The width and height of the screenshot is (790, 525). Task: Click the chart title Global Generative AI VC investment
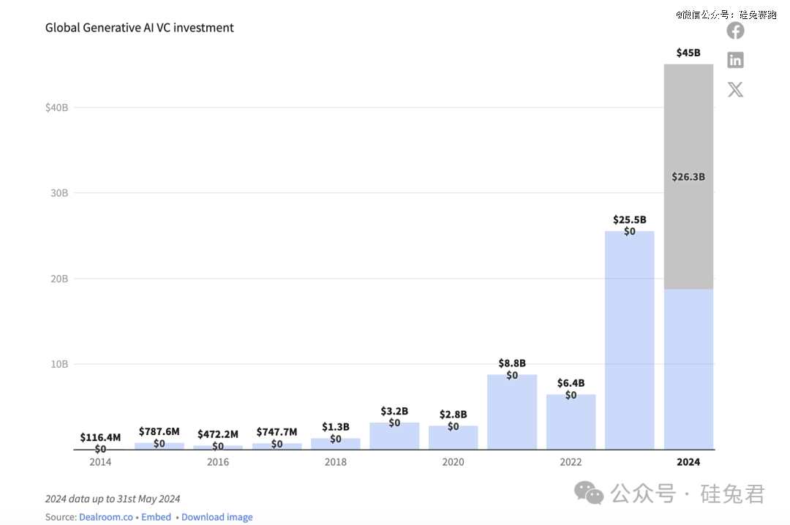pos(140,28)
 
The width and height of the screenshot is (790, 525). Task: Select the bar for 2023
pos(629,344)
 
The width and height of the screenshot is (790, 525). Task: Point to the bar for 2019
pos(394,437)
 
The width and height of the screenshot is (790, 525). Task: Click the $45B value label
pos(688,53)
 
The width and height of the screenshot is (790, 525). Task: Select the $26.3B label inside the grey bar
pos(688,177)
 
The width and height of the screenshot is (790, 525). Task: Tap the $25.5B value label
pos(629,219)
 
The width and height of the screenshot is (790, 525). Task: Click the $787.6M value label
pos(159,432)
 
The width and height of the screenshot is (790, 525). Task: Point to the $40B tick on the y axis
pos(56,107)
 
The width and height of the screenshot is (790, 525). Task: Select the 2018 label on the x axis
pos(336,462)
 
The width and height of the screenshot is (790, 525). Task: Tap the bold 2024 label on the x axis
pos(688,462)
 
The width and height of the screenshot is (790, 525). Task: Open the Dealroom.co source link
pos(106,517)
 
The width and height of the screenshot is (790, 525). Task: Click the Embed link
pos(156,517)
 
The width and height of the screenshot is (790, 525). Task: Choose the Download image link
pos(217,517)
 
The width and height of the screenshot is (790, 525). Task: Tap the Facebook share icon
pos(735,31)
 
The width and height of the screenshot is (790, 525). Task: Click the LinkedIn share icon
pos(735,60)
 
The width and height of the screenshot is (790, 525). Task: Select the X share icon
pos(735,90)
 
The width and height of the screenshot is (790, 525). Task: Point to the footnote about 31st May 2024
pos(113,499)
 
